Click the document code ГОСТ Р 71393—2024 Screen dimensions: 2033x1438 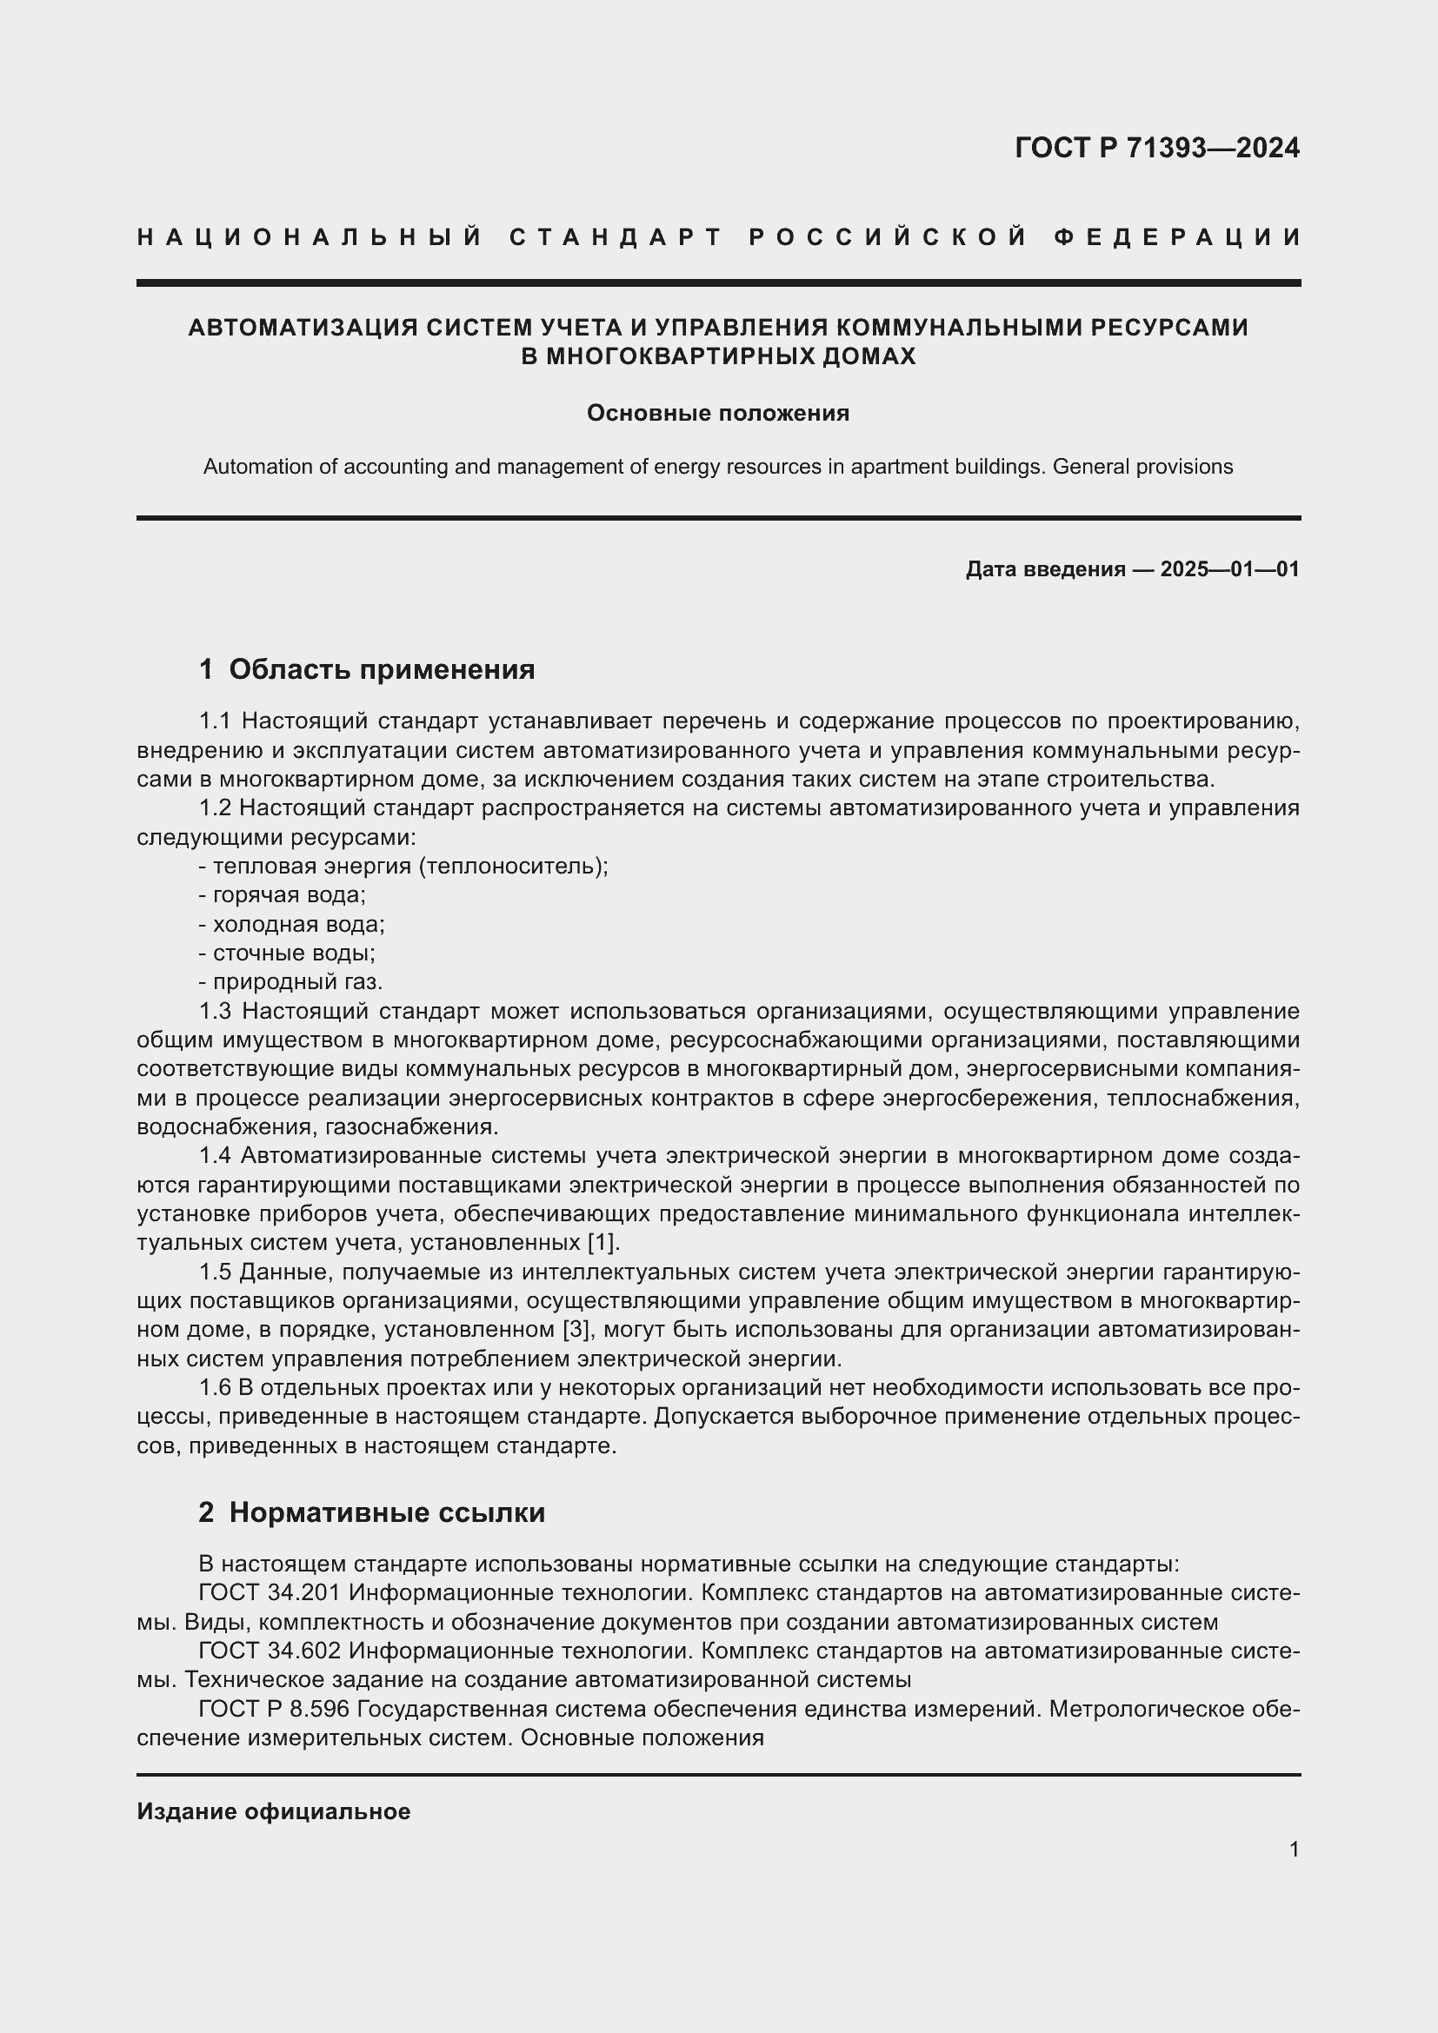click(1156, 148)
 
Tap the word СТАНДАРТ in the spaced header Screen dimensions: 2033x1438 click(616, 237)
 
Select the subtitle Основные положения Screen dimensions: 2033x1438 click(718, 414)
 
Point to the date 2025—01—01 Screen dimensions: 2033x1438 click(1229, 569)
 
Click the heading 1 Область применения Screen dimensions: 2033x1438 click(367, 669)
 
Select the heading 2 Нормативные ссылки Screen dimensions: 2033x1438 click(372, 1512)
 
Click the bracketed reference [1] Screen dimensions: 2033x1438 click(603, 1242)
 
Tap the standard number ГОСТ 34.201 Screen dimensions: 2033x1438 click(270, 1593)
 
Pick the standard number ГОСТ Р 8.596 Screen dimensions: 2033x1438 click(276, 1708)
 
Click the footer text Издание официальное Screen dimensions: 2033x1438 click(274, 1811)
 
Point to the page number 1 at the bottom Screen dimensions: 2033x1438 click(1294, 1849)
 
